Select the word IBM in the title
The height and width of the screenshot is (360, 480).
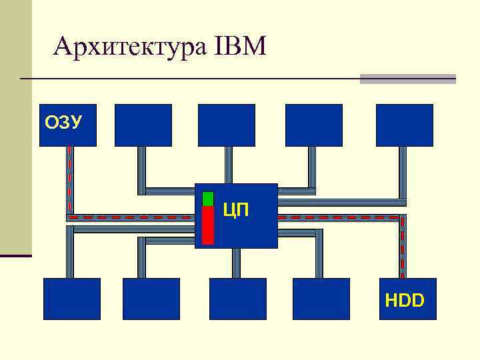(241, 47)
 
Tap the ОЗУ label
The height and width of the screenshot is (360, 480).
(63, 123)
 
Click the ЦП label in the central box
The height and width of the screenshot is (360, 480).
(236, 211)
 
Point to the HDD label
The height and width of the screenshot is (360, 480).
(405, 301)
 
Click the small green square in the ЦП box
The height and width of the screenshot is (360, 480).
(208, 199)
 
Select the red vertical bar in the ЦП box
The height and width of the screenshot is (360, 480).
(208, 225)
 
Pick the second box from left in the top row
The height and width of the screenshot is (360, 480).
(143, 125)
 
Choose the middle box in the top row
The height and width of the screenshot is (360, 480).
(227, 125)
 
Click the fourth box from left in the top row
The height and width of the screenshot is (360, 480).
(313, 125)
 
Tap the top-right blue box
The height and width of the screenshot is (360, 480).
(404, 125)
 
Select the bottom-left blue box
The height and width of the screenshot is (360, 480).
(72, 299)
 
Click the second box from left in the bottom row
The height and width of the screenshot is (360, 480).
(151, 299)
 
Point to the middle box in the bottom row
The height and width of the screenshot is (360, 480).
(237, 299)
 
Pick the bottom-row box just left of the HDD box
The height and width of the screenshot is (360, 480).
(321, 299)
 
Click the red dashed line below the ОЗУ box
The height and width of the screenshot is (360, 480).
(69, 180)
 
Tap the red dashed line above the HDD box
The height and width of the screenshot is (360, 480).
(402, 247)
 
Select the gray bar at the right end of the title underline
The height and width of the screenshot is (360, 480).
(407, 79)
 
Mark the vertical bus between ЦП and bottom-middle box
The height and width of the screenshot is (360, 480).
(236, 263)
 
